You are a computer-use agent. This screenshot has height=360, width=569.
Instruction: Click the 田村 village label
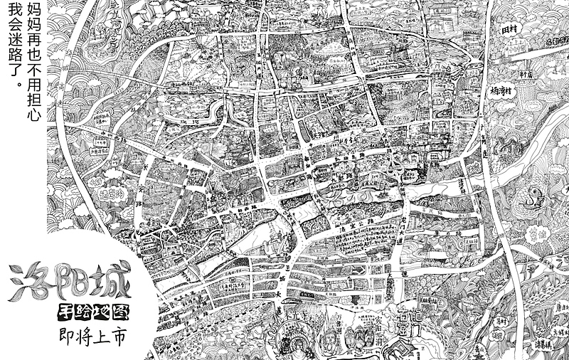coord(509,31)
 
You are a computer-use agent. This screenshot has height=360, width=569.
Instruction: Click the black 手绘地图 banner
coord(88,313)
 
